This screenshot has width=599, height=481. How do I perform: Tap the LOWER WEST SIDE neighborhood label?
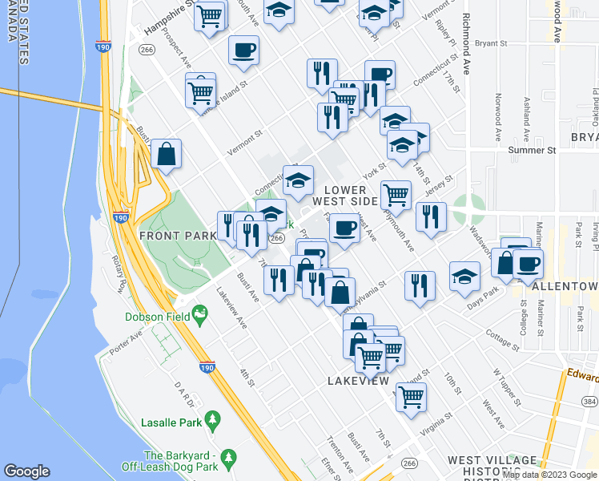coord(349,194)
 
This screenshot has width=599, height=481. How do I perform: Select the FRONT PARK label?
coord(178,236)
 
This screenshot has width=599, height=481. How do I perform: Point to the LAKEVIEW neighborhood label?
coord(358,382)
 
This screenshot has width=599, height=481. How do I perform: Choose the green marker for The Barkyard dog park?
coord(228,458)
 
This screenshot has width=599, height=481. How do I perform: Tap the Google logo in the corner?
coord(26,471)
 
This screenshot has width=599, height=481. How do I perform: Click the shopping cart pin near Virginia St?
coord(411,395)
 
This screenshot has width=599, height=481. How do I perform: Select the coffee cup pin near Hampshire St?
coord(243,51)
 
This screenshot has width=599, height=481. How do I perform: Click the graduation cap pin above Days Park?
coord(464,277)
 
